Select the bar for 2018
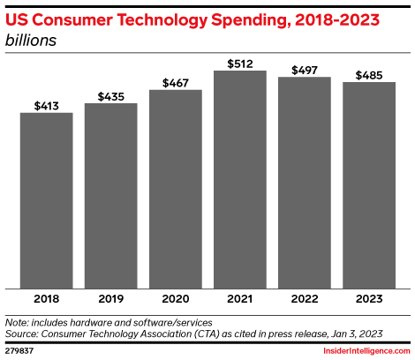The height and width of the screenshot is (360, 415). click(46, 200)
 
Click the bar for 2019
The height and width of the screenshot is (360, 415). click(110, 195)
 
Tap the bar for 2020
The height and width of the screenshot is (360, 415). click(176, 188)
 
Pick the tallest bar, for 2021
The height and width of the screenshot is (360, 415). click(240, 178)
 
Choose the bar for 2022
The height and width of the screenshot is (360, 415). click(305, 182)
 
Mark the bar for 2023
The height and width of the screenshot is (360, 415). click(369, 184)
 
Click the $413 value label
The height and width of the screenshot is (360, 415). click(46, 105)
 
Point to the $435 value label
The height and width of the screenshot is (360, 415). click(110, 95)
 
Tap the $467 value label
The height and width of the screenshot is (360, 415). click(176, 82)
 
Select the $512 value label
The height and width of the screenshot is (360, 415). click(240, 63)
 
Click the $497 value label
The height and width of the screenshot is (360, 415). click(305, 69)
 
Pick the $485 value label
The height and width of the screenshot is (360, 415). click(369, 74)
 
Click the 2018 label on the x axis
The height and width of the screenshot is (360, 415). click(46, 300)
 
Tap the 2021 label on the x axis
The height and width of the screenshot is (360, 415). click(240, 300)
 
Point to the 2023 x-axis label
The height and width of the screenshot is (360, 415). click(369, 300)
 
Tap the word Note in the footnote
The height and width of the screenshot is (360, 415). click(17, 322)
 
